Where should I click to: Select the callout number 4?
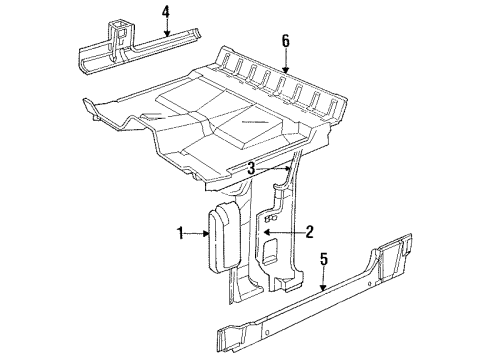(x=167, y=13)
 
